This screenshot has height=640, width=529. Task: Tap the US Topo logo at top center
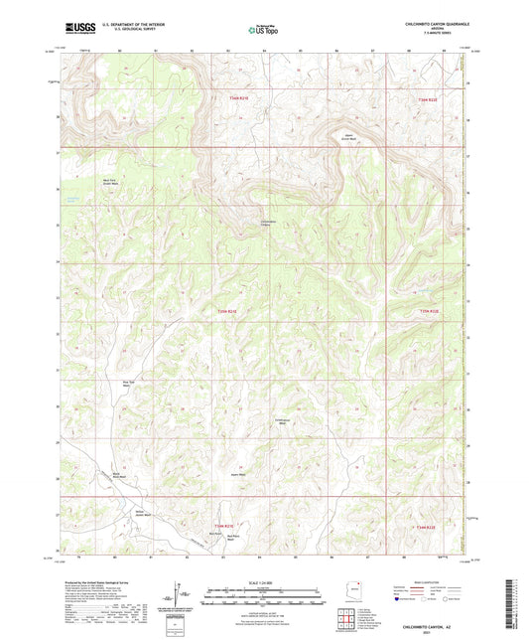(264, 30)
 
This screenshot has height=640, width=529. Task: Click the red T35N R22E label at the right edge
(427, 311)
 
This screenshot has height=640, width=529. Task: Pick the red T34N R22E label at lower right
(427, 526)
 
